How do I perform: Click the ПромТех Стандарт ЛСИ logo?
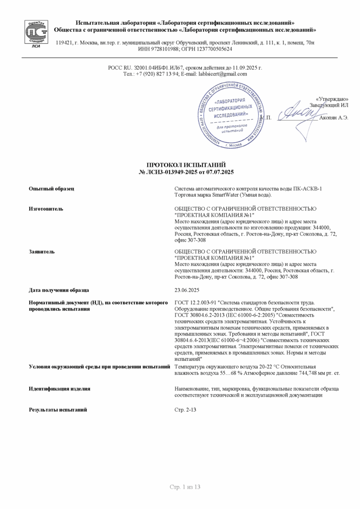(36, 33)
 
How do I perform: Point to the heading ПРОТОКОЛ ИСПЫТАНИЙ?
(186, 165)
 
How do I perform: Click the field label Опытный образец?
(51, 188)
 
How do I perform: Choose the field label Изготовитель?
(46, 209)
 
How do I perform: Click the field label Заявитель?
(42, 252)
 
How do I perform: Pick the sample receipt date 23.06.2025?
(187, 290)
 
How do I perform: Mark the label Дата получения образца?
(59, 290)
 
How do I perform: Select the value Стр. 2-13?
(185, 410)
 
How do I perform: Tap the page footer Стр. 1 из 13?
(184, 487)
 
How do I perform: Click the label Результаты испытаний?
(58, 410)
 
